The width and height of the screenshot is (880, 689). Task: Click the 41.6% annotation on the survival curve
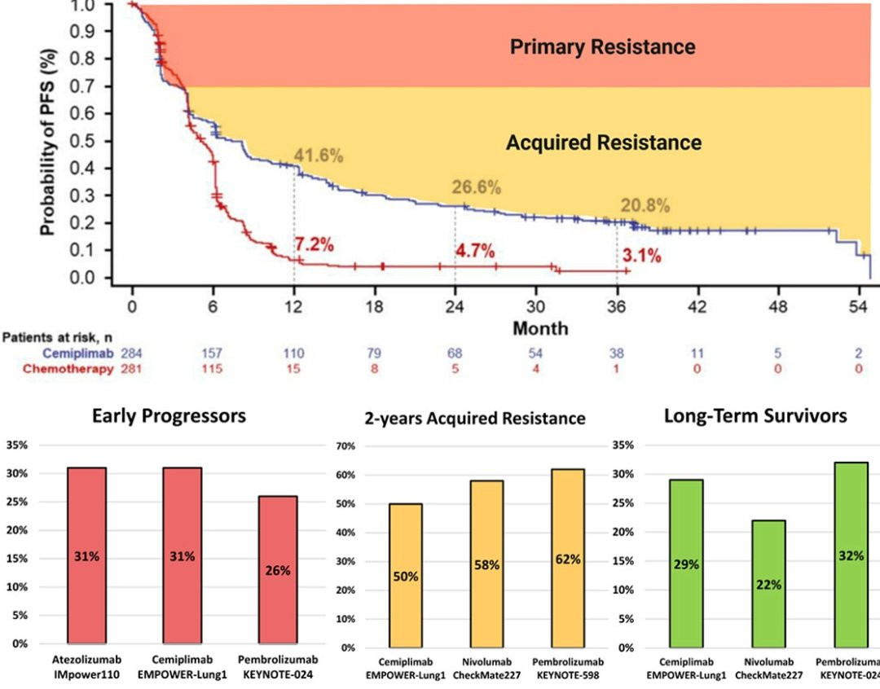tap(319, 156)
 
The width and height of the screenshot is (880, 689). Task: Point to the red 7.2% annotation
tap(315, 244)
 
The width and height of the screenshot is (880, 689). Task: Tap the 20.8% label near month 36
tap(645, 205)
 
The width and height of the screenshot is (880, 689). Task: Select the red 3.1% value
tap(641, 257)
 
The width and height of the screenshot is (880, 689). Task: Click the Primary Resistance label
tap(602, 46)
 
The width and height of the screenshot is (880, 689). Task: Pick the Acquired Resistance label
tap(603, 143)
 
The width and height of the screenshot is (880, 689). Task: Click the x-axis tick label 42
tap(697, 308)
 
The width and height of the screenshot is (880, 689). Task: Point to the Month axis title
tap(540, 328)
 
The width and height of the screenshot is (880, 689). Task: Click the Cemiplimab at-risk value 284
tap(132, 353)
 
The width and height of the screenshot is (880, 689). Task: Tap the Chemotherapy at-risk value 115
tap(213, 368)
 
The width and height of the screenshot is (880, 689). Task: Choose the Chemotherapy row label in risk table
tap(69, 368)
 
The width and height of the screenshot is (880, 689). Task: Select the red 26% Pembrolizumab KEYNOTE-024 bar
tap(277, 569)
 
